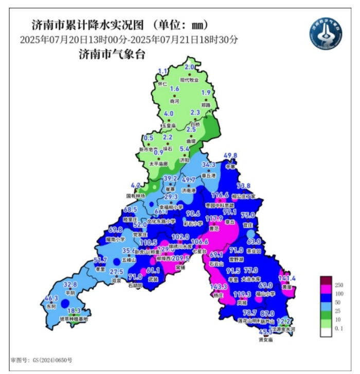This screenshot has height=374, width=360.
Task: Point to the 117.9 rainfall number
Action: pos(214,218)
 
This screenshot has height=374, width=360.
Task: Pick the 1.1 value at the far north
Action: pos(163,71)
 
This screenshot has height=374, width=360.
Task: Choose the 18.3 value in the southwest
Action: pos(74,311)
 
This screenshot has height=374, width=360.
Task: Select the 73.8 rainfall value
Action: pos(243,185)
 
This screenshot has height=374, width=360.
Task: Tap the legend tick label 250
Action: pos(339,285)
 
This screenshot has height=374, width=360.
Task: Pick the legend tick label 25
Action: pos(338,310)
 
